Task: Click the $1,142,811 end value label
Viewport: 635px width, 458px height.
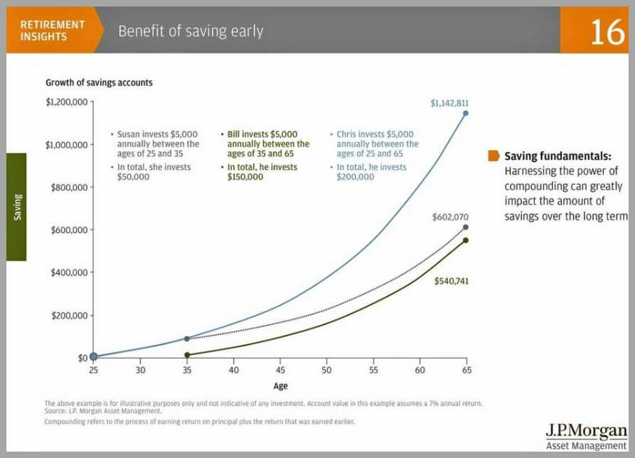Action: (449, 103)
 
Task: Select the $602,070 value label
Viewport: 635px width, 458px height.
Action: (450, 216)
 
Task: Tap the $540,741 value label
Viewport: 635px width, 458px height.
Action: (452, 281)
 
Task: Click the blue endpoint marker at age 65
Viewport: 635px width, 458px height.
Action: (466, 113)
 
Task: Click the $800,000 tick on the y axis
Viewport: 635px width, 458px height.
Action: (68, 187)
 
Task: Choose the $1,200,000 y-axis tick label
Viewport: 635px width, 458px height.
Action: (66, 102)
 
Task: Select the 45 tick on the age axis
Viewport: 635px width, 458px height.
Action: (279, 371)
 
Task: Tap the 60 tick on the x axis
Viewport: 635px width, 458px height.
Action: (420, 371)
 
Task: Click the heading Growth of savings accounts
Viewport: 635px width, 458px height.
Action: (99, 82)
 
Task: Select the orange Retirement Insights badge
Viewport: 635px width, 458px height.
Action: (53, 30)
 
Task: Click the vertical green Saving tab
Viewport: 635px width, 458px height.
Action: (16, 207)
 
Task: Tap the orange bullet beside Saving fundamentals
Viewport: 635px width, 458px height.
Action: (493, 156)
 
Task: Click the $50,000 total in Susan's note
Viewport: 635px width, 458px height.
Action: (132, 177)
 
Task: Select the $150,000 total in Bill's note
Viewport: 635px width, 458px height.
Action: (245, 177)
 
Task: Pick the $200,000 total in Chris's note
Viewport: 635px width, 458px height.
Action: (355, 177)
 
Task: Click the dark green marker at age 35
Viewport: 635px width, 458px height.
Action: (187, 354)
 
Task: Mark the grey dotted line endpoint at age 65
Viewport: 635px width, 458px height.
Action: (466, 228)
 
